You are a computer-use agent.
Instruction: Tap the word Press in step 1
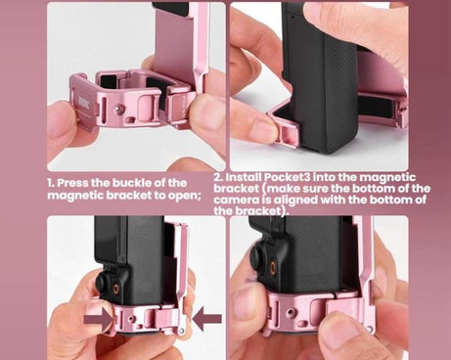click(x=77, y=183)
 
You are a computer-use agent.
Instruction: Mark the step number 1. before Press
click(x=52, y=183)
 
